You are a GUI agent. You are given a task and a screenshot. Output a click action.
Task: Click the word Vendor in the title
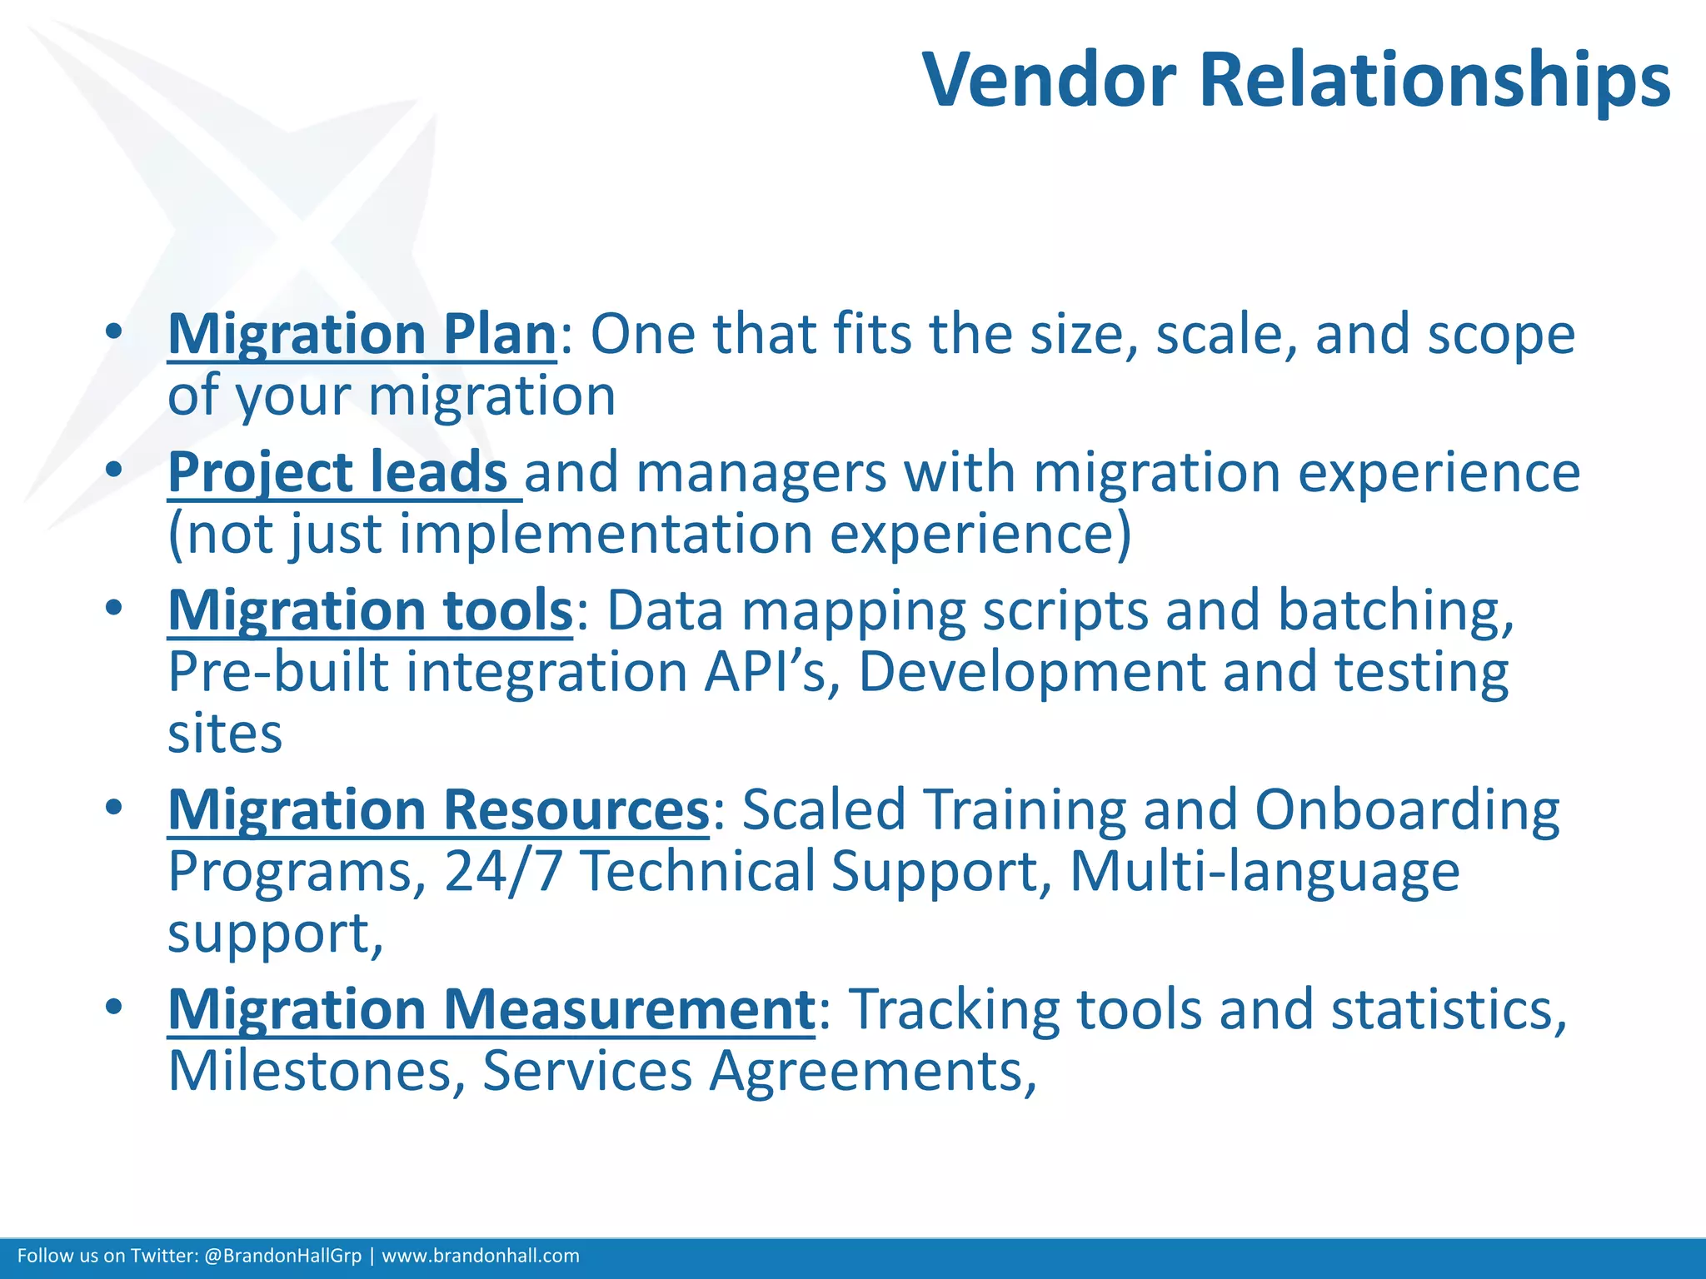(x=1050, y=80)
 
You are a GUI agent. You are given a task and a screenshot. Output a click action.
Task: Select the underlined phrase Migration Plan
(x=362, y=335)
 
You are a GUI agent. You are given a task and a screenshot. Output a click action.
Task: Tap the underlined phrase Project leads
(x=338, y=472)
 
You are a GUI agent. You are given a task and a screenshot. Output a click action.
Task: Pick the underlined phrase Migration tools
(x=370, y=610)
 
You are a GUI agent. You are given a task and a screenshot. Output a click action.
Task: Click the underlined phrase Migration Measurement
(x=491, y=1009)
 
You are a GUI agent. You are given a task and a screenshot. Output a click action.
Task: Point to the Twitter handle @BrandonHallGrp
(x=282, y=1256)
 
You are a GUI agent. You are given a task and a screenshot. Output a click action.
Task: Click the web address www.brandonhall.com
(x=481, y=1256)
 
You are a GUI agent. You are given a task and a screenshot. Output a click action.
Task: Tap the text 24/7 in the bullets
(x=503, y=872)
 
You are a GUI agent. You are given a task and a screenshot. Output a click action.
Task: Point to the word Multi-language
(x=1264, y=872)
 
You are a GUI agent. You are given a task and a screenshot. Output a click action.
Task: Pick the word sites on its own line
(x=225, y=734)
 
